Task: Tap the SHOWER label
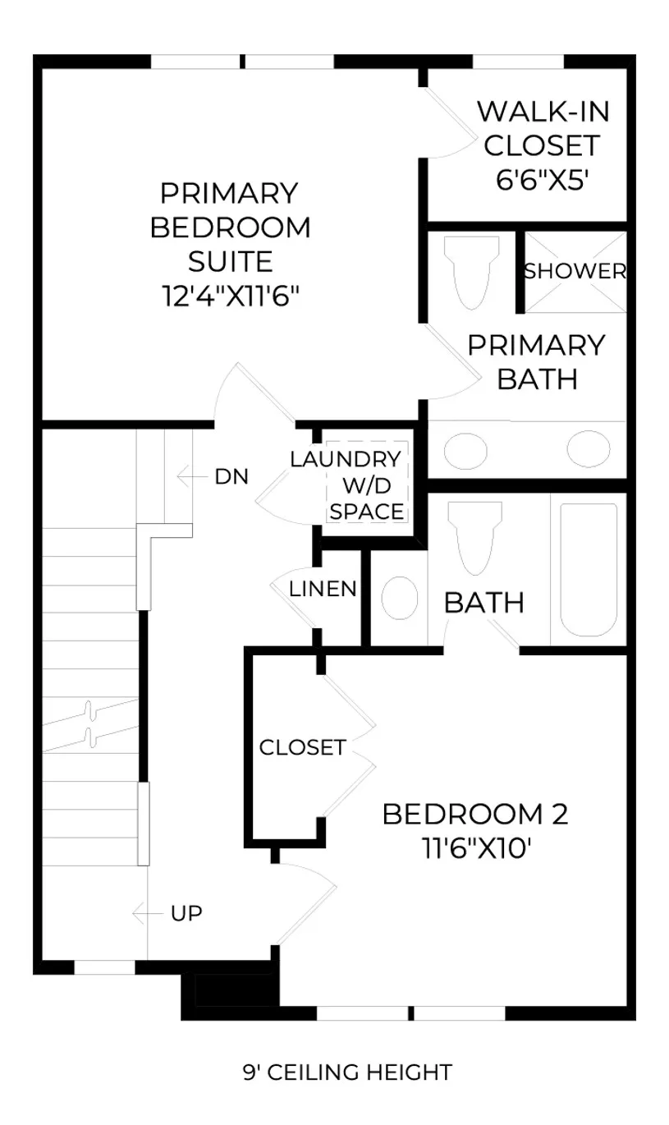pos(575,271)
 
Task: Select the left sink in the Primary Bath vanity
pos(465,451)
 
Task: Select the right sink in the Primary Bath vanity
pos(589,448)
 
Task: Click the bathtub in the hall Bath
pos(589,570)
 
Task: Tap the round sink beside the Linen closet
pos(400,598)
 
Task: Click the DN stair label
pos(231,476)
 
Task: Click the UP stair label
pos(186,913)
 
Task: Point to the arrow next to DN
pos(192,476)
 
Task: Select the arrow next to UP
pos(148,913)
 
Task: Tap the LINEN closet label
pos(323,589)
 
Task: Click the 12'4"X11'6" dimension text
pos(231,296)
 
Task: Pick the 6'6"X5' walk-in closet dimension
pos(542,179)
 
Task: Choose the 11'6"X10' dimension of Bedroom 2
pos(476,848)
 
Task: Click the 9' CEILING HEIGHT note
pos(347,1072)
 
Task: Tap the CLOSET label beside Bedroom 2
pos(303,747)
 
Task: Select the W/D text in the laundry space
pos(367,485)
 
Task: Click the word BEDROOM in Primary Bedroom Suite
pos(231,227)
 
